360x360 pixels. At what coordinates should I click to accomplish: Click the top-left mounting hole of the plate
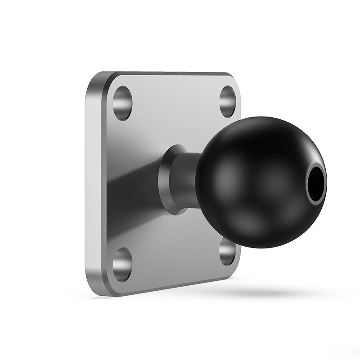pos(122,103)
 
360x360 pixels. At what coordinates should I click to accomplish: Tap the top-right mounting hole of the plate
pos(228,101)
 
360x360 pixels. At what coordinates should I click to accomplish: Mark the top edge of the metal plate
pos(171,73)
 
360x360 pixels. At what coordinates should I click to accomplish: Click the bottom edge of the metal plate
pos(171,288)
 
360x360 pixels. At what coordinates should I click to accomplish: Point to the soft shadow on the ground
pos(270,292)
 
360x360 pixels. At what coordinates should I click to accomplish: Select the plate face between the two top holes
pos(175,101)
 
